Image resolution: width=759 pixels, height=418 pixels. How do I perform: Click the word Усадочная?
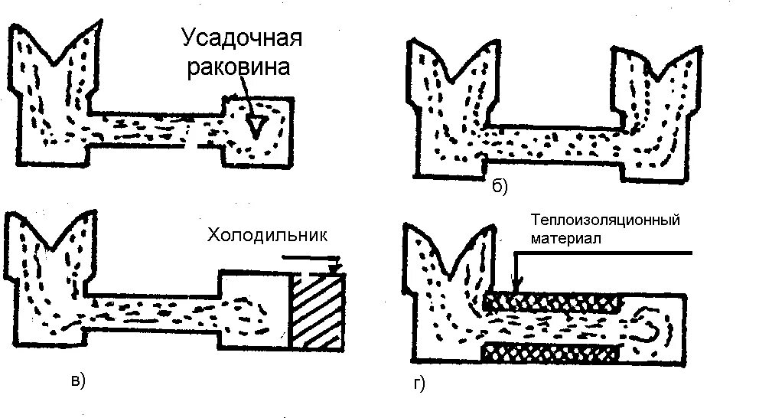(240, 38)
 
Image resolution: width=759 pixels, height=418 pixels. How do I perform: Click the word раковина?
(239, 67)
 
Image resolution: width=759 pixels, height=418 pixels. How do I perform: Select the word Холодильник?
(265, 234)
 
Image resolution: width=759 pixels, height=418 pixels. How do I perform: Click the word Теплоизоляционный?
(605, 220)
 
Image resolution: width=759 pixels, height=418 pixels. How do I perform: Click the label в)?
(78, 378)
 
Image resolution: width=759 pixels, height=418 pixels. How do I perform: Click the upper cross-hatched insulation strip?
(552, 299)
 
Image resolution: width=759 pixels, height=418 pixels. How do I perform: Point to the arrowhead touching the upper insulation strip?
(517, 287)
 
